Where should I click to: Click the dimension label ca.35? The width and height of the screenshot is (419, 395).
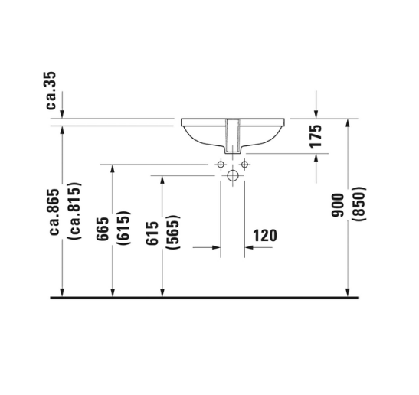point(51,90)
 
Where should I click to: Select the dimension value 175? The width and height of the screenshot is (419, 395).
point(316,136)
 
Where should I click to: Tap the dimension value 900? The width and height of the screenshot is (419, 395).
point(337,205)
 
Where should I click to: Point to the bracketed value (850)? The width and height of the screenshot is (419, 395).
point(358,204)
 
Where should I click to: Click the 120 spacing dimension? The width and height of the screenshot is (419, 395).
point(265,236)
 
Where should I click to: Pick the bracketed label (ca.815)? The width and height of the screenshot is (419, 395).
point(74,211)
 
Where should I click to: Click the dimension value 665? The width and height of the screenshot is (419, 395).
point(103,229)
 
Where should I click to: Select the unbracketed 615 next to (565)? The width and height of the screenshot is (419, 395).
point(152,233)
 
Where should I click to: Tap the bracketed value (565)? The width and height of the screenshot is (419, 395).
point(173,232)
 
